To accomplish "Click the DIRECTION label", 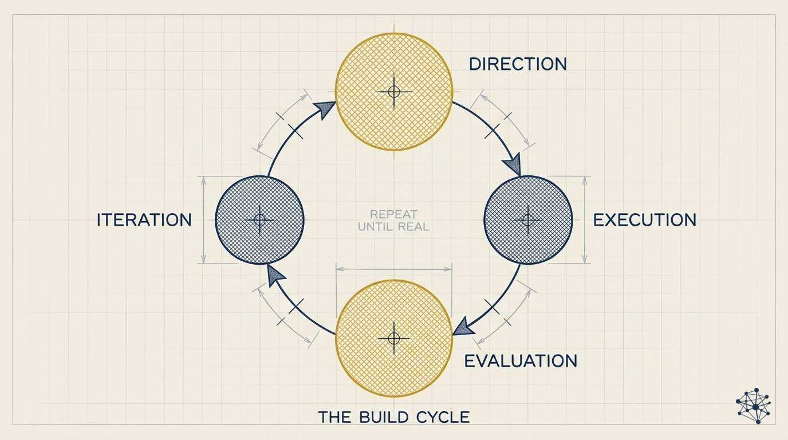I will point(518,64).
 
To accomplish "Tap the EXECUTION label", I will point(644,220).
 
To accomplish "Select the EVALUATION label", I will point(520,361).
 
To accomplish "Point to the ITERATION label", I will point(144,220).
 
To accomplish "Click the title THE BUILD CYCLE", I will point(393,417).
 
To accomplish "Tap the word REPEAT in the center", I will point(394,215).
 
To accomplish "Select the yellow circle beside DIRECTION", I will point(393,92).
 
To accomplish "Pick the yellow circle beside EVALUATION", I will point(393,338).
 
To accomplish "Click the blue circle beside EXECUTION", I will point(528,220).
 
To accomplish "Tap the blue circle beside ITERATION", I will point(259,220).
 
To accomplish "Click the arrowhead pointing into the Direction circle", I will point(325,109).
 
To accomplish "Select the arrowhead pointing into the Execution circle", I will point(513,164).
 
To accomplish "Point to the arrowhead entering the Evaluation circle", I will point(463,328).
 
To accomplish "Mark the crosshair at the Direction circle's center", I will point(393,92).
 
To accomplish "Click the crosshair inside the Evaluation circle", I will point(393,338).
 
